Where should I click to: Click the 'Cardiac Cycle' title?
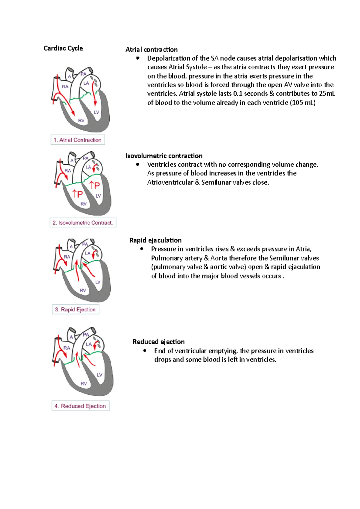63,48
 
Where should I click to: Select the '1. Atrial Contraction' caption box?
78,140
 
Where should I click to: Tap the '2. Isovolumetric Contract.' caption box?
83,223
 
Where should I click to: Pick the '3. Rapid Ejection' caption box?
75,309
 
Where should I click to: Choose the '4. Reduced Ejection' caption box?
80,406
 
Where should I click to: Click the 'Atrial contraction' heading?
151,49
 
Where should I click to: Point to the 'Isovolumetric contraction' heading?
164,156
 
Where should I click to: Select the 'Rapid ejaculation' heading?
155,240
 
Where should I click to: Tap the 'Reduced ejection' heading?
158,342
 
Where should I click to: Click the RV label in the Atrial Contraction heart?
81,121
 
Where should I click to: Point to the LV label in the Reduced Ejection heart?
100,375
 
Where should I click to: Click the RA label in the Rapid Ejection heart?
67,257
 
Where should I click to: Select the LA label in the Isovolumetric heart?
88,167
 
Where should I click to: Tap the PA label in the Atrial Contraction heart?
83,74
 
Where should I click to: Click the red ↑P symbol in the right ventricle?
77,194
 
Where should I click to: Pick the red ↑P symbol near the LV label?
95,185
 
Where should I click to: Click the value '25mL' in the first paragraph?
327,94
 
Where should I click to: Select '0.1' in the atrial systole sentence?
238,94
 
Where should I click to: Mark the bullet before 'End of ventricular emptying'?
145,350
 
